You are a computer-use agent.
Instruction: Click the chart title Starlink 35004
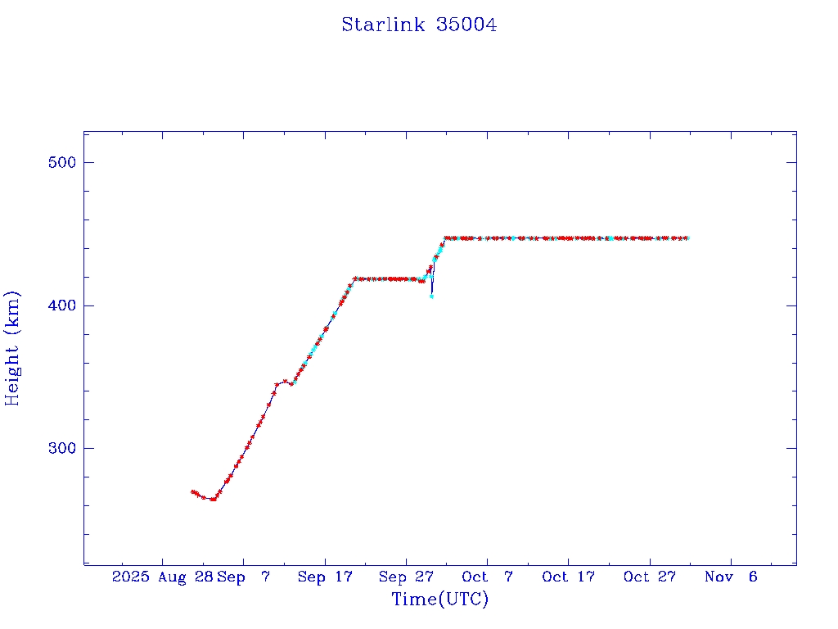(419, 25)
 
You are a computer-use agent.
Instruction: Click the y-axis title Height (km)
(12, 348)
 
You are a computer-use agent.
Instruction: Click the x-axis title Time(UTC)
(439, 600)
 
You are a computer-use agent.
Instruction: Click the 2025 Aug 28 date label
(162, 577)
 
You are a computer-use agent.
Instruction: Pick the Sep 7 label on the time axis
(245, 577)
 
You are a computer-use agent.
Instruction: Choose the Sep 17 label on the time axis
(325, 577)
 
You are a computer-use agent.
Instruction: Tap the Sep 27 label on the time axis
(406, 577)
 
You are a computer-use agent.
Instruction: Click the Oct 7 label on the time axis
(488, 577)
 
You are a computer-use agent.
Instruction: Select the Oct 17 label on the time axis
(569, 577)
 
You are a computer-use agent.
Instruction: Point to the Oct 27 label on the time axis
(650, 577)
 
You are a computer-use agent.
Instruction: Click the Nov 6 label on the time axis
(731, 577)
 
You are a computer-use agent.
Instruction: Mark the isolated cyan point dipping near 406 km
(431, 296)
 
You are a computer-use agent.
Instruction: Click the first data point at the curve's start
(192, 491)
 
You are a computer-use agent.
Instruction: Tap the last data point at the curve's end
(687, 238)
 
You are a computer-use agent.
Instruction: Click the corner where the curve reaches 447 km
(446, 238)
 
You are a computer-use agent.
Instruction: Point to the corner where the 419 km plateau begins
(354, 278)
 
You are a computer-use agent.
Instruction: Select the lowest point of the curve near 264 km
(214, 499)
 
